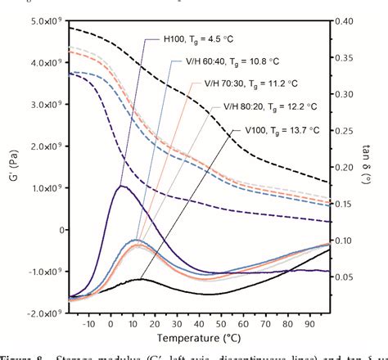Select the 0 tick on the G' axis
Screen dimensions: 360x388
click(x=58, y=229)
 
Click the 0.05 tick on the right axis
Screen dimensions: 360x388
click(x=345, y=277)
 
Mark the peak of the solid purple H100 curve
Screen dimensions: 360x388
click(x=121, y=186)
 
